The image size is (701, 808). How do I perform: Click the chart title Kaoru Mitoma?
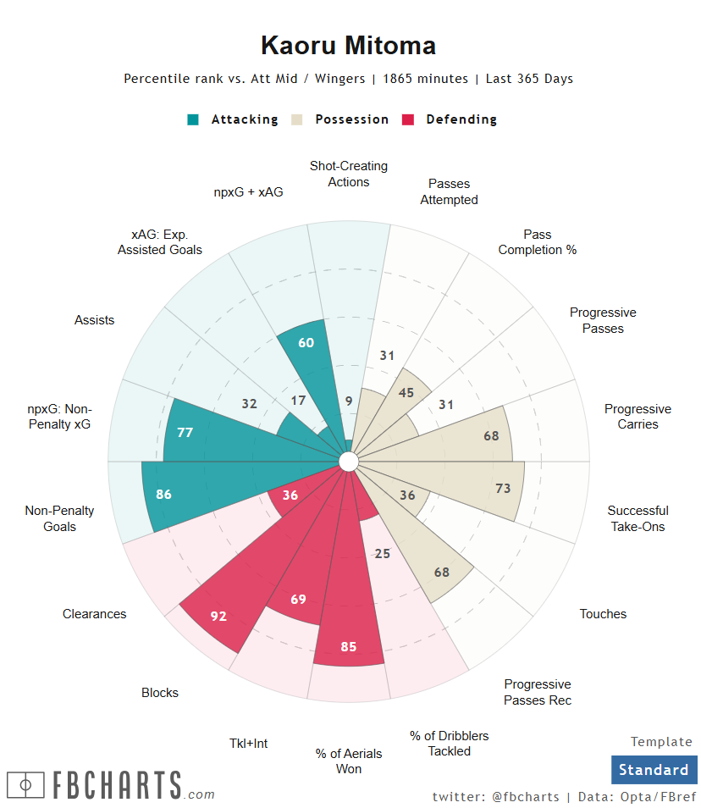pyautogui.click(x=348, y=45)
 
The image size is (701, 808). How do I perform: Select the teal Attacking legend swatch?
pyautogui.click(x=193, y=119)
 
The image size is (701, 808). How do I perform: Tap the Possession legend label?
pyautogui.click(x=351, y=119)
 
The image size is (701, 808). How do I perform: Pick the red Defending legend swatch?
pyautogui.click(x=408, y=119)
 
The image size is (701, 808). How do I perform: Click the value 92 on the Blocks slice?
pyautogui.click(x=219, y=616)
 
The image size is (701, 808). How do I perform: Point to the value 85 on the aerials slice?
pyautogui.click(x=348, y=646)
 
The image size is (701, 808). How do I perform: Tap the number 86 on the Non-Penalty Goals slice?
pyautogui.click(x=164, y=494)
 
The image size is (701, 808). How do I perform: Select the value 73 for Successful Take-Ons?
pyautogui.click(x=503, y=488)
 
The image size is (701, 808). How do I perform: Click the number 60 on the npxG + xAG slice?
pyautogui.click(x=306, y=342)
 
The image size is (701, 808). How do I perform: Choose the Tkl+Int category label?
pyautogui.click(x=249, y=744)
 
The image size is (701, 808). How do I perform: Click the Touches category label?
pyautogui.click(x=603, y=614)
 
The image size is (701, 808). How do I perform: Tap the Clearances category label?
pyautogui.click(x=94, y=614)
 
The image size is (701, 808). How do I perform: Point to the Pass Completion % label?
pyautogui.click(x=537, y=242)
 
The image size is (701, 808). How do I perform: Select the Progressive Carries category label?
pyautogui.click(x=638, y=417)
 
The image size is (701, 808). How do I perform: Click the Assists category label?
pyautogui.click(x=94, y=320)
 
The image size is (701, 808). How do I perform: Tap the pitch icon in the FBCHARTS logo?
pyautogui.click(x=25, y=785)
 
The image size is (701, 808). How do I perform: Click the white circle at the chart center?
pyautogui.click(x=348, y=461)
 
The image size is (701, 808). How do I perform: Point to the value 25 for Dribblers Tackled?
pyautogui.click(x=382, y=553)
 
